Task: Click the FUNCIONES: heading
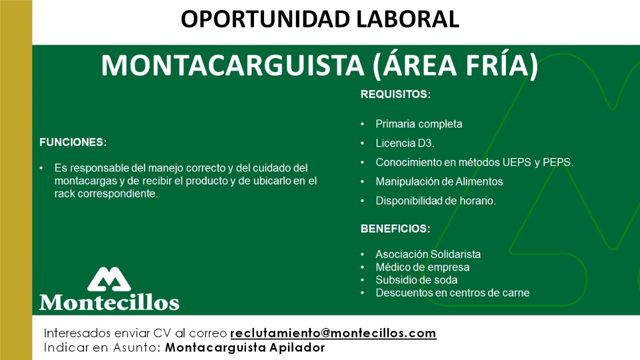coord(73,142)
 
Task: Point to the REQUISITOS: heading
coord(395,94)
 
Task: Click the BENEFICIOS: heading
coord(395,229)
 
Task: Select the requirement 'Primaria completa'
coord(418,124)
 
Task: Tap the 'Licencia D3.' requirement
coord(405,143)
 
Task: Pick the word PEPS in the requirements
coord(557,162)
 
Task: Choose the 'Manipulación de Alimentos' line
coord(439,181)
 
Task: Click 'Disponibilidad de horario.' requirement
coord(435,201)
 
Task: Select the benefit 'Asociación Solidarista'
coord(428,254)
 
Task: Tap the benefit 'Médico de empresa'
coord(422,267)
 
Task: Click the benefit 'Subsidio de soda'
coord(416,280)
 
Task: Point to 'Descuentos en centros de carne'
coord(452,293)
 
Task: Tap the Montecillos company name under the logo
coord(109,302)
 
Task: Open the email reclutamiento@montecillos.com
coord(333,333)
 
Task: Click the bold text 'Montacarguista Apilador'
coord(245,347)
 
